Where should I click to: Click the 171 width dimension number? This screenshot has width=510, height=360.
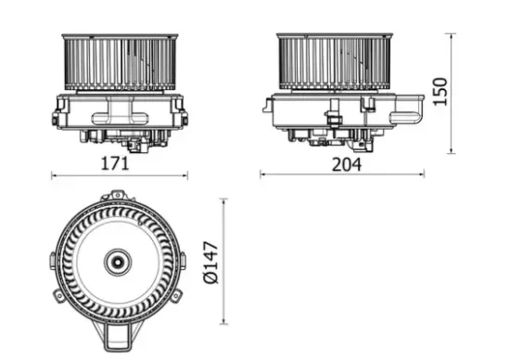pos(114,162)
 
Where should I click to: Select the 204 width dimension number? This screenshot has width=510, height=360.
pos(341,162)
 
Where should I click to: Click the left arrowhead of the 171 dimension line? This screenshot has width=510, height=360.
pos(53,174)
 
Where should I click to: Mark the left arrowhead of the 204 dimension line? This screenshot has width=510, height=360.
pos(262,174)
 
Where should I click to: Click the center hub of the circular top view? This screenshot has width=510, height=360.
pos(118,262)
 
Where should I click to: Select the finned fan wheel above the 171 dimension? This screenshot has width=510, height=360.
pos(119,62)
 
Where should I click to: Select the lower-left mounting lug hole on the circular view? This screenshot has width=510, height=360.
pos(61,296)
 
